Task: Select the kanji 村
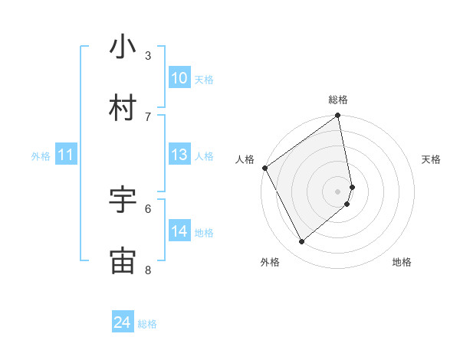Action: click(123, 108)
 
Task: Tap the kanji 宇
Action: click(123, 200)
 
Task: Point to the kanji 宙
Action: click(123, 260)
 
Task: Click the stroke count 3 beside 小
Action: click(148, 55)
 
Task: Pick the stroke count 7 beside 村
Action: click(148, 116)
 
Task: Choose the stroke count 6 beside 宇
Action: click(148, 208)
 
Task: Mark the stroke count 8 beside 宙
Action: click(148, 269)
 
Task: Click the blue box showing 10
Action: click(179, 78)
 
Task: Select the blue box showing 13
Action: click(179, 155)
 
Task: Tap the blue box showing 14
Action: click(179, 231)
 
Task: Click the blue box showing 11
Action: click(65, 155)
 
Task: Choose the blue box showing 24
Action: click(123, 322)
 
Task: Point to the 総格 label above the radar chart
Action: click(338, 100)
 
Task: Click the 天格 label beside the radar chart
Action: click(432, 159)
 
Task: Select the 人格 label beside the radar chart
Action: click(245, 159)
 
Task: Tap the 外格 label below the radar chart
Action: click(270, 262)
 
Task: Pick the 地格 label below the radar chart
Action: click(402, 262)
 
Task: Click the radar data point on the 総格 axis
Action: click(338, 116)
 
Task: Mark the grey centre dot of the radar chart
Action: click(338, 191)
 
